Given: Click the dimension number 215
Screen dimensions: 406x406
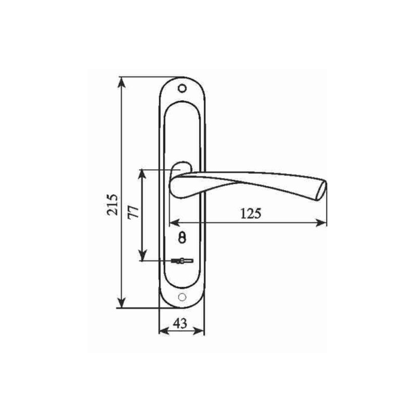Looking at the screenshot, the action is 112,204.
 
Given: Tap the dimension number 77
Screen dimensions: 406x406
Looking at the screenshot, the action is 133,212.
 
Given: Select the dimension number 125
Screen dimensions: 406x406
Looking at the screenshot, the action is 250,214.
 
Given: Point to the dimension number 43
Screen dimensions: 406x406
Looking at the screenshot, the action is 180,323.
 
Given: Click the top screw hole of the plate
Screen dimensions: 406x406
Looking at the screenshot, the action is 182,88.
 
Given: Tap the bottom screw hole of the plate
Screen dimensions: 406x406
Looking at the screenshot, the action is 182,297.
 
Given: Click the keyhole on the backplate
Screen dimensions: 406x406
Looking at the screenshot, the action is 182,238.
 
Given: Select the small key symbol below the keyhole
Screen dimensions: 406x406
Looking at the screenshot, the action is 182,261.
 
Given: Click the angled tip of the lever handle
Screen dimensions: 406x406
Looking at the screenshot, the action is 321,191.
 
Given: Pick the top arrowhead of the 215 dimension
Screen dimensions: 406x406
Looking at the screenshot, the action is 122,83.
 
